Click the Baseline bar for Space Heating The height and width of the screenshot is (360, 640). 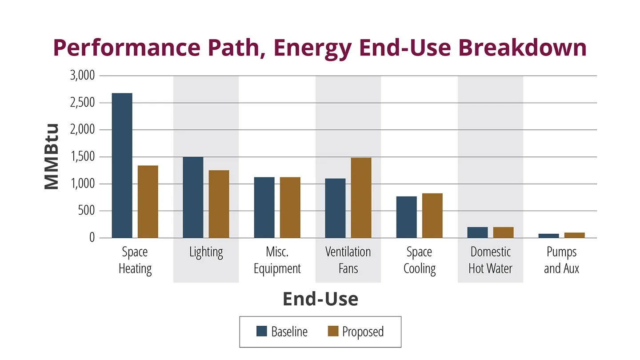pos(122,165)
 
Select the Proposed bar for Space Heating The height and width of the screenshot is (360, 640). pos(148,201)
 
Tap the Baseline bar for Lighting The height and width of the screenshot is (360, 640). pos(193,197)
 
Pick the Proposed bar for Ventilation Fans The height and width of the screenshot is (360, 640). pos(361,198)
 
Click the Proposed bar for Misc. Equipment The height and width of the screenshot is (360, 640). pos(290,208)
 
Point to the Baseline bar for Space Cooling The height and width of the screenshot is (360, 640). pos(406,217)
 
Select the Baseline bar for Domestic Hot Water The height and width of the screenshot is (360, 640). pos(477,232)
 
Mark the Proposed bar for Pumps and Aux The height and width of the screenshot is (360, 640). pos(574,235)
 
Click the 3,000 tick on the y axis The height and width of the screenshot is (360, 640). pos(83,76)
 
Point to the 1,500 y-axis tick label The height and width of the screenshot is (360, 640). pos(83,157)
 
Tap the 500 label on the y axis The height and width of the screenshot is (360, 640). pos(86,211)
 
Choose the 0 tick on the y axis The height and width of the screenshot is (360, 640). pos(92,238)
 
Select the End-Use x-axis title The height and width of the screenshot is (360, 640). pos(320,299)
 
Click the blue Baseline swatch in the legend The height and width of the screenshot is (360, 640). pos(262,332)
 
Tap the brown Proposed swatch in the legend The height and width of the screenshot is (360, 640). pos(333,332)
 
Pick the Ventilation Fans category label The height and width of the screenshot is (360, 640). pos(348,260)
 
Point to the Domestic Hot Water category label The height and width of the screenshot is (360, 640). pos(490,260)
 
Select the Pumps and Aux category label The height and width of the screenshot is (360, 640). pos(561,260)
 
